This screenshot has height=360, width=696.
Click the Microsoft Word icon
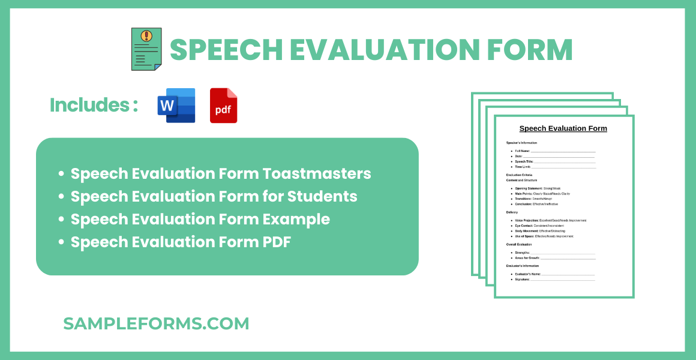(x=176, y=106)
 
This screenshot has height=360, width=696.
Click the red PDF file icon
(x=223, y=106)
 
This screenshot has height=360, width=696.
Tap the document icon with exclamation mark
(x=146, y=49)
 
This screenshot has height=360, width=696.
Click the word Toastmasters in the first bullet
(x=317, y=173)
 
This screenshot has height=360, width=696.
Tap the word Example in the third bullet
(x=296, y=219)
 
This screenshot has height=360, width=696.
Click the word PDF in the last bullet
(x=277, y=242)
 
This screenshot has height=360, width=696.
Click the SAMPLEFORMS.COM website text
(x=156, y=323)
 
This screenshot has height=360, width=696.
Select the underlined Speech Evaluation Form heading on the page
(x=563, y=128)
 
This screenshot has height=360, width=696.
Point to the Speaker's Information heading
(x=521, y=143)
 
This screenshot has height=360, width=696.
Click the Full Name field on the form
(x=555, y=151)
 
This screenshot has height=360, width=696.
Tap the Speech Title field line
(x=555, y=161)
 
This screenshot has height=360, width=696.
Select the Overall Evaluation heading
(x=519, y=244)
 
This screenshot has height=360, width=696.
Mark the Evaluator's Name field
(x=555, y=274)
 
